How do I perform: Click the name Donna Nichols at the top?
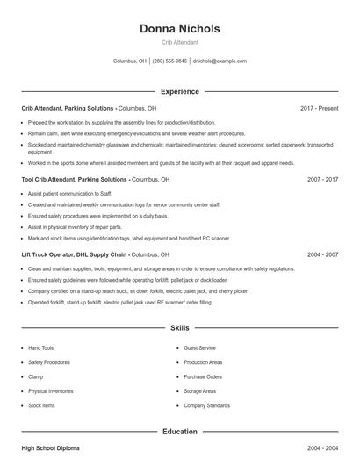(180, 29)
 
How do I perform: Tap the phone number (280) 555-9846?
(170, 61)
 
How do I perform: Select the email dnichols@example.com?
(220, 61)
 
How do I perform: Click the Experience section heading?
(180, 91)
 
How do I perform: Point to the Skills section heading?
(180, 328)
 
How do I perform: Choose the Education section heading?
(180, 432)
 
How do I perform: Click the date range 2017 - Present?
(319, 108)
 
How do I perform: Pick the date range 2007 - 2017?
(322, 179)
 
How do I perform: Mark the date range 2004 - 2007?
(322, 254)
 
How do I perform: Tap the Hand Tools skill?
(40, 348)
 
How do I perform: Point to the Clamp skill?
(36, 377)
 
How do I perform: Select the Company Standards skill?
(207, 406)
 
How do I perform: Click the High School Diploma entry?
(50, 448)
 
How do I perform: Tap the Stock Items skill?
(41, 406)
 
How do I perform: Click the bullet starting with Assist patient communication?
(70, 192)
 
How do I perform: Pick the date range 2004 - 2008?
(322, 448)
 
